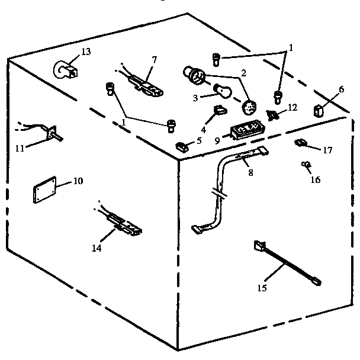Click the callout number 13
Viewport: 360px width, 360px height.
(x=86, y=52)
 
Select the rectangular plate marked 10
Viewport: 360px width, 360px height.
(x=43, y=191)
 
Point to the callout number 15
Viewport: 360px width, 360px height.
(x=262, y=288)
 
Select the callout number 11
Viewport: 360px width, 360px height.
(x=19, y=148)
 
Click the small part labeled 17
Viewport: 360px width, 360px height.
(x=300, y=142)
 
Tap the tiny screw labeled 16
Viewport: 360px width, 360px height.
(x=306, y=164)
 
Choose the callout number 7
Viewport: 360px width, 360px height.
(x=154, y=60)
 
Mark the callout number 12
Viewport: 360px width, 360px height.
(x=291, y=108)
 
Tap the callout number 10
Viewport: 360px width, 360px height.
(x=78, y=182)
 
